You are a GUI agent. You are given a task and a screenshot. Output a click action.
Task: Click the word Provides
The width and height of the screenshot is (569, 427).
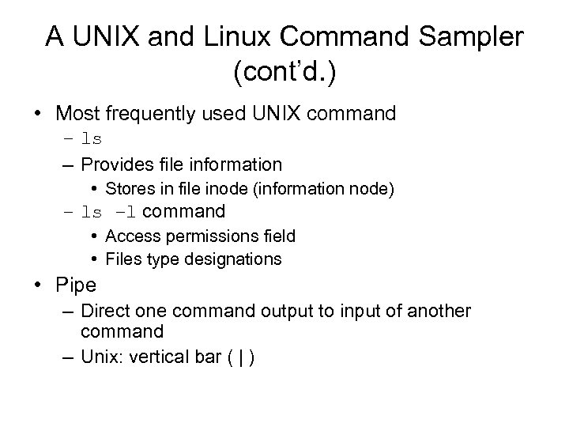click(x=116, y=164)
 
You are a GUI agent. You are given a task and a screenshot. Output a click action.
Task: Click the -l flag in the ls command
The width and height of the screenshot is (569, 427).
click(x=124, y=212)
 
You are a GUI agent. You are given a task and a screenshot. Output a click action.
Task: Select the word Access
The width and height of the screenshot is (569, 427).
click(x=131, y=236)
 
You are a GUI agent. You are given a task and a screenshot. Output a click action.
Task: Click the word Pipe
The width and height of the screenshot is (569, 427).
click(x=76, y=284)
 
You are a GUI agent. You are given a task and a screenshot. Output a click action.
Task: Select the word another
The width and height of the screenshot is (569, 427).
click(x=439, y=312)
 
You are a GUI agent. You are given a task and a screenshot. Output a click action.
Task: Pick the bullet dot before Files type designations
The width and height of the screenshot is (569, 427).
click(x=93, y=259)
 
